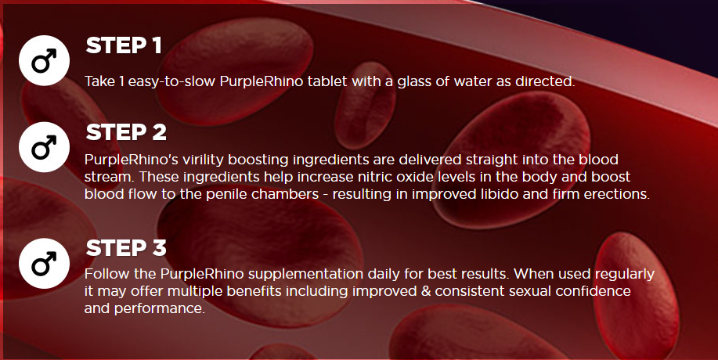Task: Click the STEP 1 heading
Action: pos(124,45)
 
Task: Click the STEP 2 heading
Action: pos(126,131)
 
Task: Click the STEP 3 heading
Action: pos(126,249)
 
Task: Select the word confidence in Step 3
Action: pos(597,291)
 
